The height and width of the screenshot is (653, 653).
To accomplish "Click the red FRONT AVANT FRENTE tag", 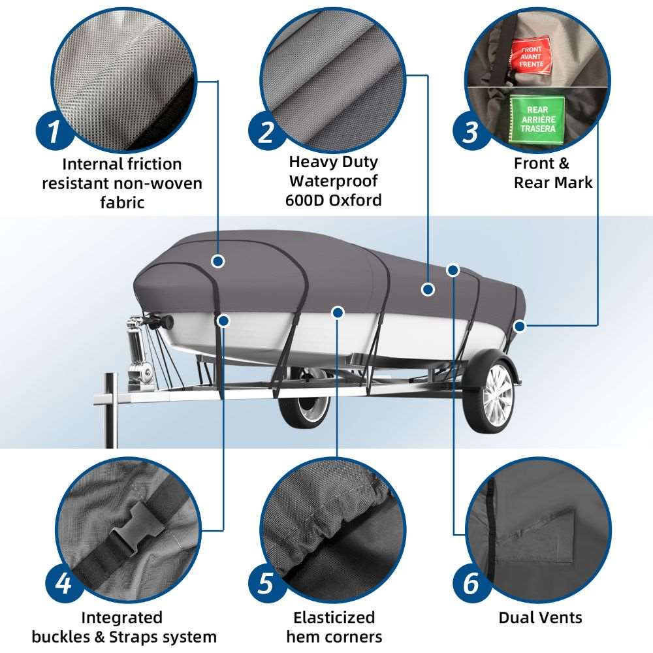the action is (531, 56).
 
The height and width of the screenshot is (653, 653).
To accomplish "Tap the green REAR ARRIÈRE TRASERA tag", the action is (537, 119).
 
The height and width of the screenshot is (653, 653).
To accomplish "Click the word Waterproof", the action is (333, 181).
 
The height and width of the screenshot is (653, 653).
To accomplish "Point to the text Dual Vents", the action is (540, 617).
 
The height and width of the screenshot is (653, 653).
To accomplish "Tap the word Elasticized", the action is (334, 617).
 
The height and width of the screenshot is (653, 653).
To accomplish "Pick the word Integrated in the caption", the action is (121, 617).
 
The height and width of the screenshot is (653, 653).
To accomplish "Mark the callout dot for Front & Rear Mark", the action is (519, 326).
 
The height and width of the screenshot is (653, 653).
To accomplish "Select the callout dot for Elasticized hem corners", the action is (338, 312).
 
